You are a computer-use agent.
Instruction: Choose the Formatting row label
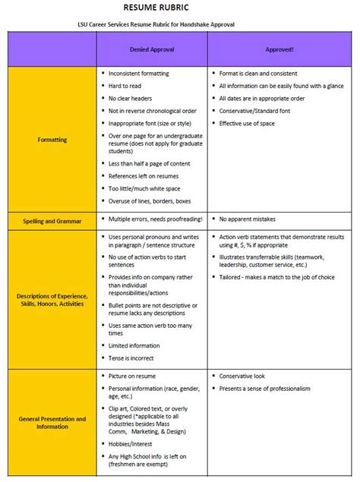click(x=52, y=140)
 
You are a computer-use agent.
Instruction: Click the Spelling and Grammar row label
click(x=52, y=219)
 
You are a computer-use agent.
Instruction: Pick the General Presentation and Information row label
click(x=52, y=423)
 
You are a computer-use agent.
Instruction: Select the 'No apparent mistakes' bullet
click(x=247, y=219)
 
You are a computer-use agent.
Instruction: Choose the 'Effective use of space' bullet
click(x=250, y=122)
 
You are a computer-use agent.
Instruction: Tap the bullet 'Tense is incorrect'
click(x=135, y=358)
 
